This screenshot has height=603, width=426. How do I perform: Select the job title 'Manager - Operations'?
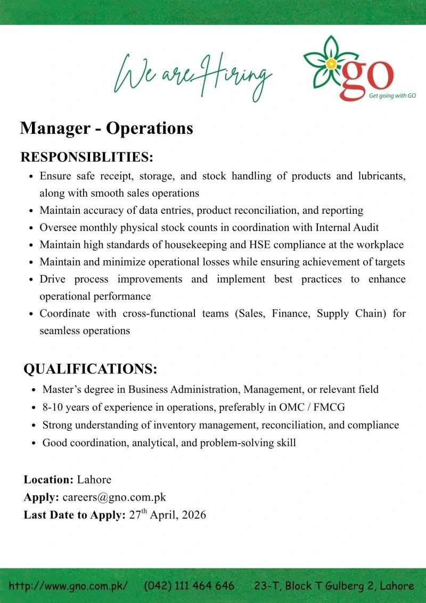tap(106, 128)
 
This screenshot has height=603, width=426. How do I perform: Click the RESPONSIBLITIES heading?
tap(87, 157)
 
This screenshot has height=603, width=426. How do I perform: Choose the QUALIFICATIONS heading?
tap(91, 369)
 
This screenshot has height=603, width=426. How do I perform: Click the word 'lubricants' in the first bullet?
tap(381, 176)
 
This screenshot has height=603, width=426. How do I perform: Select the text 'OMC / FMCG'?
tap(313, 407)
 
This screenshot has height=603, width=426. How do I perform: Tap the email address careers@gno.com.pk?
tap(114, 497)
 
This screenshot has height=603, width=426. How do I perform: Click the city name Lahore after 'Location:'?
tap(94, 479)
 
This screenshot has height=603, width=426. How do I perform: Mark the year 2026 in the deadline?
tap(194, 515)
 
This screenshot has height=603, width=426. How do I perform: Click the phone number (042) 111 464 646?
tap(189, 585)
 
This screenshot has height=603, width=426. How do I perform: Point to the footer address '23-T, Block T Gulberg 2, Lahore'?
tap(334, 585)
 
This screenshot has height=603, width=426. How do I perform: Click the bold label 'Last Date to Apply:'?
tap(75, 515)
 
